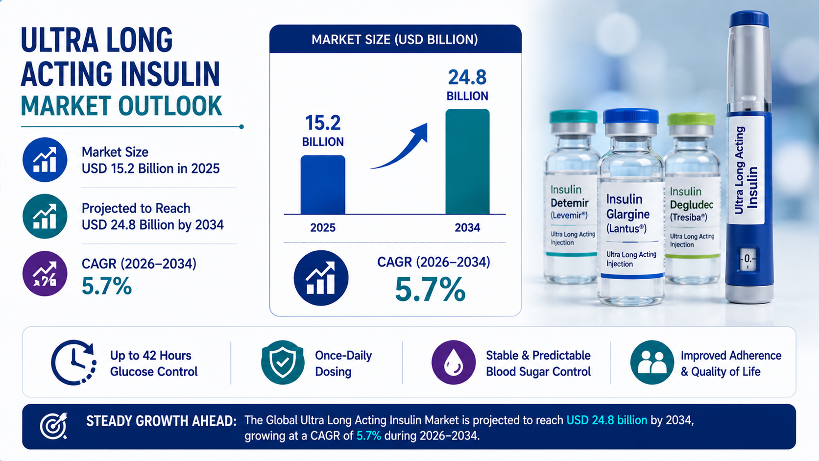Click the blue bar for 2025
click(x=323, y=185)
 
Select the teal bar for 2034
click(x=467, y=162)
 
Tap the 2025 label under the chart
click(x=323, y=228)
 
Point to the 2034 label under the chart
click(x=467, y=228)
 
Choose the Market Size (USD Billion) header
click(x=395, y=40)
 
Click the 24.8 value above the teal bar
click(x=467, y=77)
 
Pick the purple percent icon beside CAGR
click(x=45, y=273)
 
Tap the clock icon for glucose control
click(x=73, y=363)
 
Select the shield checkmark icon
click(x=283, y=363)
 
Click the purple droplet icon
click(x=454, y=363)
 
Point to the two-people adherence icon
click(x=652, y=363)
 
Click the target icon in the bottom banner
click(x=54, y=426)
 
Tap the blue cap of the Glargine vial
click(x=631, y=116)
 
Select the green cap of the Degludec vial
click(x=691, y=120)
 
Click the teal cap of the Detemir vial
click(x=573, y=117)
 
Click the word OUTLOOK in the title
click(x=170, y=106)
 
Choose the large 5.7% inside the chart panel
click(x=431, y=289)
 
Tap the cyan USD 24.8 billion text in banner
click(x=606, y=420)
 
